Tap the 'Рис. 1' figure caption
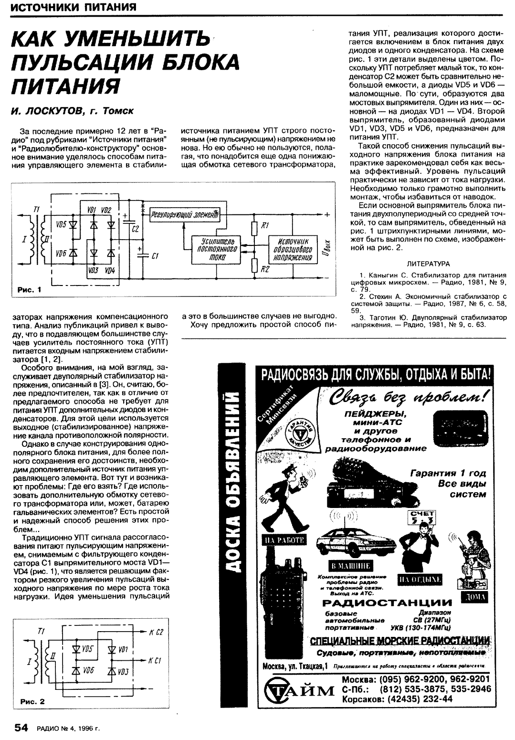coord(30,289)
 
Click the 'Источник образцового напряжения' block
coord(292,249)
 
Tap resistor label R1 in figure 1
coord(265,225)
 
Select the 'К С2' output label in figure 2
coord(156,633)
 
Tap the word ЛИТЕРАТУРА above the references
coord(428,263)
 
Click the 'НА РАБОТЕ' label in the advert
coord(284,539)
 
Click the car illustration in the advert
coord(355,542)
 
